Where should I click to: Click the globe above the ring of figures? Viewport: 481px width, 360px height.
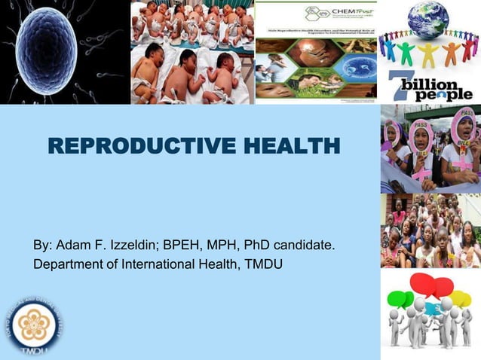429,19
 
